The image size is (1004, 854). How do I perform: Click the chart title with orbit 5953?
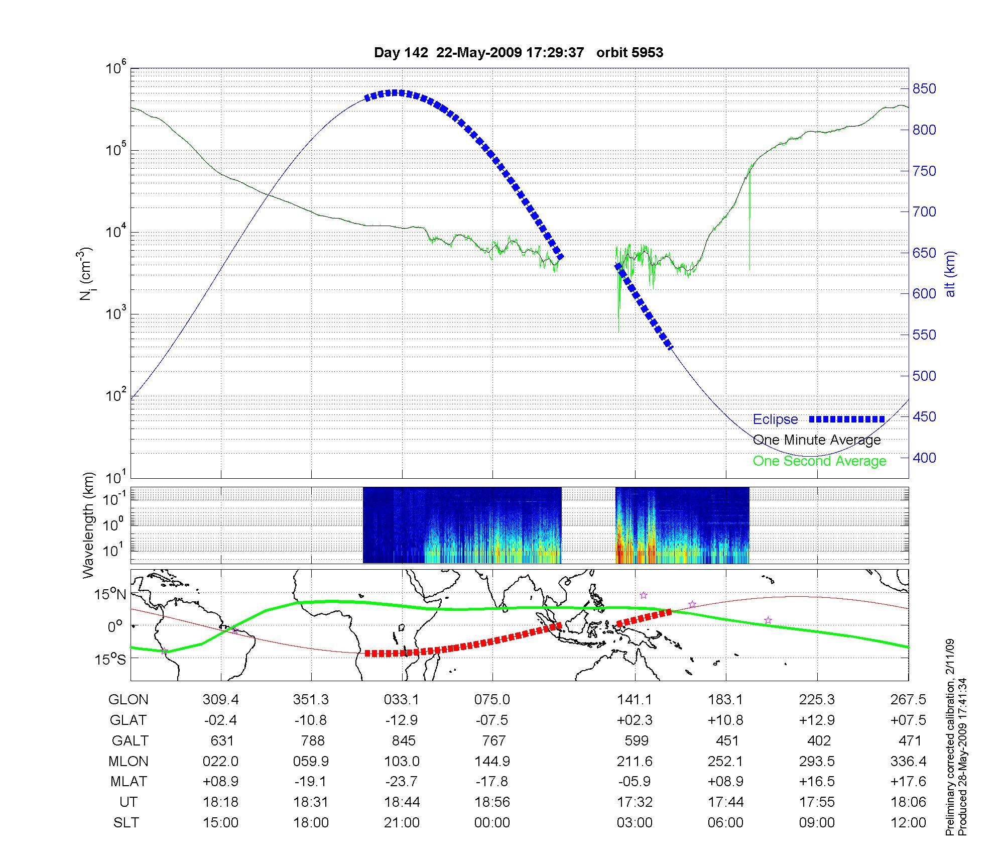pos(519,53)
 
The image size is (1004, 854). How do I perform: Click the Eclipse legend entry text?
pos(775,419)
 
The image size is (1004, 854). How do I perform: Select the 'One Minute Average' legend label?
pos(817,440)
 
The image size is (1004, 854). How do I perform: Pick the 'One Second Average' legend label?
pos(819,461)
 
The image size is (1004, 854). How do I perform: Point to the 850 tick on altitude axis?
pos(924,89)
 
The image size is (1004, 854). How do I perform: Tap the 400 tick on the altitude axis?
pos(924,458)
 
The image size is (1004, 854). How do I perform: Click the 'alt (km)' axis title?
pos(950,274)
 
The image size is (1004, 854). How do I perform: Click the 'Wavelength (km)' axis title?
pos(88,525)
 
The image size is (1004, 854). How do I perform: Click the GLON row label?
pos(129,700)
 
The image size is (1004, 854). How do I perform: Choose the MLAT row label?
pos(129,782)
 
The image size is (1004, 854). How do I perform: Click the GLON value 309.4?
pos(220,700)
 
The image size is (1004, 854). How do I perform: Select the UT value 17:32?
pos(635,802)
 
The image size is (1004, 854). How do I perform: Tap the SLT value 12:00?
pos(909,823)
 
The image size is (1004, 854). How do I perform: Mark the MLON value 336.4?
pos(908,762)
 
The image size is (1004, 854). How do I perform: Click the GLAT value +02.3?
pos(635,720)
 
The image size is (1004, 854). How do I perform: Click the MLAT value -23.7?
pos(402,782)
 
